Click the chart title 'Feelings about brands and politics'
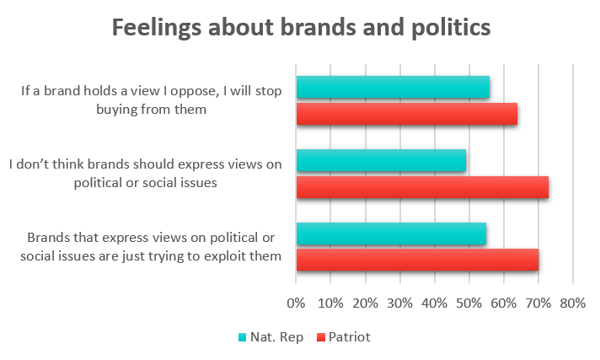pyautogui.click(x=300, y=27)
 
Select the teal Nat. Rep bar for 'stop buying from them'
pyautogui.click(x=393, y=87)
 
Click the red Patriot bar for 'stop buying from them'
pyautogui.click(x=406, y=113)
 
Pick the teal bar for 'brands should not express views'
pyautogui.click(x=381, y=160)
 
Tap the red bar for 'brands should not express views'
pyautogui.click(x=422, y=186)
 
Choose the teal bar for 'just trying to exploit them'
pyautogui.click(x=391, y=234)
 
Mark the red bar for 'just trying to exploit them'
pyautogui.click(x=417, y=260)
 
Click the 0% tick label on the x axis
pyautogui.click(x=296, y=302)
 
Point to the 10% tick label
pyautogui.click(x=330, y=302)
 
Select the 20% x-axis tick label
pyautogui.click(x=365, y=302)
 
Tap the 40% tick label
pyautogui.click(x=434, y=302)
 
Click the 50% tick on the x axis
pyautogui.click(x=469, y=302)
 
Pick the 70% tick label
pyautogui.click(x=538, y=302)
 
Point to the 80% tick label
pyautogui.click(x=572, y=302)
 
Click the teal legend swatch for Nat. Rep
pyautogui.click(x=243, y=337)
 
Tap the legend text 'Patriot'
pyautogui.click(x=351, y=337)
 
